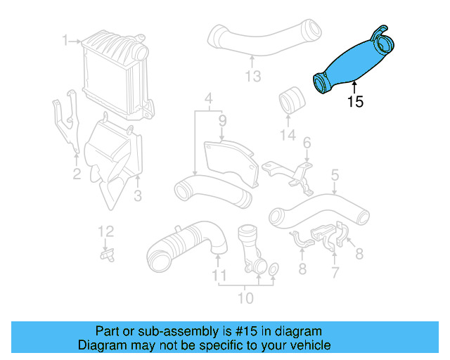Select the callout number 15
356,103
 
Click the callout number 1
65,41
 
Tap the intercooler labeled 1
112,70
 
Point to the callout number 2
77,172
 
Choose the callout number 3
138,194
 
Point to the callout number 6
307,144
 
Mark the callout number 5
335,174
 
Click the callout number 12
105,231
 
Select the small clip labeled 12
107,254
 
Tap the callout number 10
245,299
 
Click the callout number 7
335,271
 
